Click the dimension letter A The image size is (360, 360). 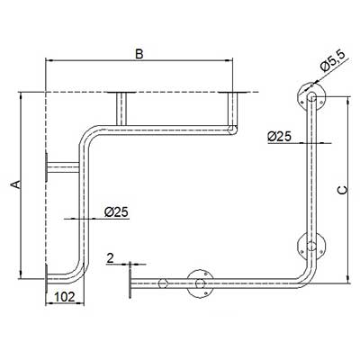coord(16,184)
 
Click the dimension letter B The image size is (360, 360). coord(139,54)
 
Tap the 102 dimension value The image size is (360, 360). coord(64,297)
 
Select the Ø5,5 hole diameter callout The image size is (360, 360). coord(332,61)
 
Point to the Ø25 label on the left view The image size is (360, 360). coord(116,212)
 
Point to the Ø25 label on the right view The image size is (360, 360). coord(279,137)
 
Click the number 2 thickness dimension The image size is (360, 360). coord(111,258)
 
